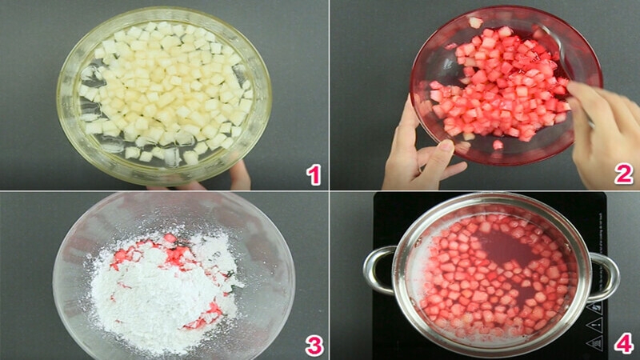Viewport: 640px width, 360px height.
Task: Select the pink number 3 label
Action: tap(314, 345)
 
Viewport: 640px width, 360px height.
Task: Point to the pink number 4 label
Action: tap(623, 345)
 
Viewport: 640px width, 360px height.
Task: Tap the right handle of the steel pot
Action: tap(604, 276)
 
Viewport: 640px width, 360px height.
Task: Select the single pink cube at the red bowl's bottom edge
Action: tap(498, 145)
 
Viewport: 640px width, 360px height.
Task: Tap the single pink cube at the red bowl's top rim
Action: tap(474, 22)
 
